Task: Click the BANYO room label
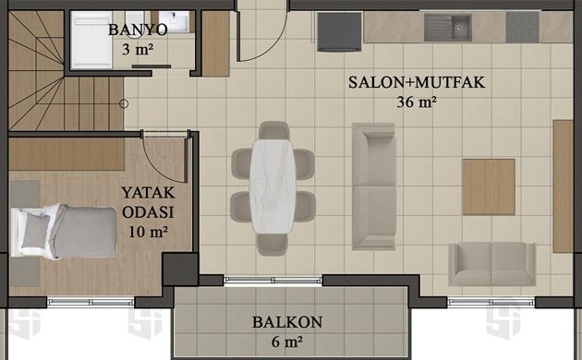pos(138,30)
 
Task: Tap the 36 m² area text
pos(416,102)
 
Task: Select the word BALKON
pos(287,322)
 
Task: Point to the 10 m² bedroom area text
pos(148,232)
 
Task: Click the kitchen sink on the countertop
pos(448,28)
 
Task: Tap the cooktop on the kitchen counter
pos(522,27)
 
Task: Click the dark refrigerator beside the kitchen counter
pos(339,32)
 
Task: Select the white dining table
pos(273,186)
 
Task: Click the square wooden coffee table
pos(489,187)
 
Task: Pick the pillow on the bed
pos(36,231)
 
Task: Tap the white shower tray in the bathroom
pos(91,40)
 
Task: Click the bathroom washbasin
pos(174,21)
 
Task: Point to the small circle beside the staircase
pos(124,103)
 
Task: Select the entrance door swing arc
pos(274,44)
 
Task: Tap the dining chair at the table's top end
pos(274,130)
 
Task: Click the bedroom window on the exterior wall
pos(91,302)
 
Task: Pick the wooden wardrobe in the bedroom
pos(67,154)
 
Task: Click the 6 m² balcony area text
pos(286,342)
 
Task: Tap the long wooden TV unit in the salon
pos(563,186)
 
